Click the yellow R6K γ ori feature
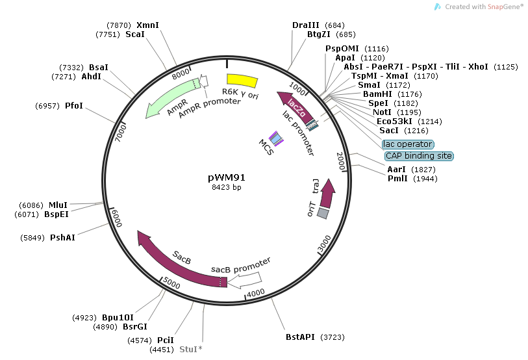[241, 81]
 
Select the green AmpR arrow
[170, 101]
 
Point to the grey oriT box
[323, 213]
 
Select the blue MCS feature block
[277, 138]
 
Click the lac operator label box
[408, 144]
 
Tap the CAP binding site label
[419, 156]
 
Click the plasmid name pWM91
[227, 177]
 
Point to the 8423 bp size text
[227, 187]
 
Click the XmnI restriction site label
[147, 25]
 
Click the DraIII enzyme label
[305, 25]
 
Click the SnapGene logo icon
[438, 6]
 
